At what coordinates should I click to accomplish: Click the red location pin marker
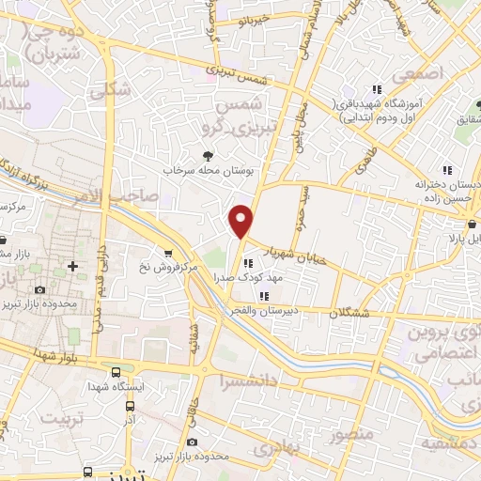pyautogui.click(x=242, y=220)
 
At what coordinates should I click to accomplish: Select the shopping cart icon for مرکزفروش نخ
pyautogui.click(x=167, y=253)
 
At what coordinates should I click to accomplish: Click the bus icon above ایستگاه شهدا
pyautogui.click(x=115, y=372)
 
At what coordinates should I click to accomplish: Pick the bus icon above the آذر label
pyautogui.click(x=130, y=407)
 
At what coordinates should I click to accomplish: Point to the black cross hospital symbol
pyautogui.click(x=72, y=267)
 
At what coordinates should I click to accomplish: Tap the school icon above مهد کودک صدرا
pyautogui.click(x=249, y=249)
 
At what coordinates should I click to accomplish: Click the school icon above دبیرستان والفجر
pyautogui.click(x=249, y=298)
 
